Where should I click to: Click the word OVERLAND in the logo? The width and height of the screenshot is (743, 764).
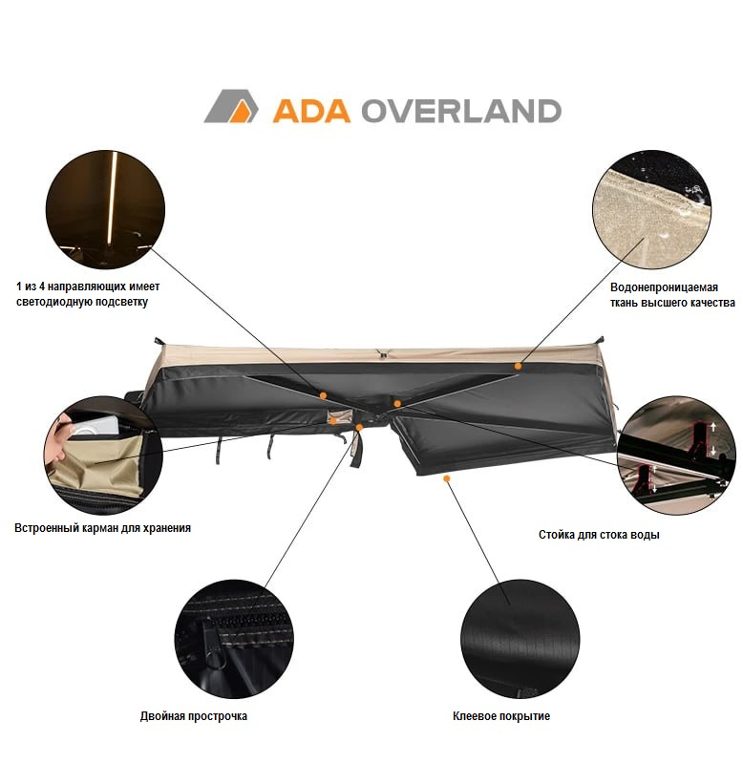(x=460, y=109)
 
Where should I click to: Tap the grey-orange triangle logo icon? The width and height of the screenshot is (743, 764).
(x=230, y=107)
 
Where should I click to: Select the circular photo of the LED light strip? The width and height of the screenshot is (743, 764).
(x=105, y=204)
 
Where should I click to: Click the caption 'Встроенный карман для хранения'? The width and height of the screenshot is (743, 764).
(x=102, y=527)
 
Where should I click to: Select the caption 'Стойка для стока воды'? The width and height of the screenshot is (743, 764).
(x=599, y=535)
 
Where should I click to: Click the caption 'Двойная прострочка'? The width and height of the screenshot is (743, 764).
(x=194, y=716)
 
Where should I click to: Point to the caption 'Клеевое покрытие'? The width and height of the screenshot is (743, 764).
(x=501, y=716)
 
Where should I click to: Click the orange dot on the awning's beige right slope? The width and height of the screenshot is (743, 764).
(x=518, y=365)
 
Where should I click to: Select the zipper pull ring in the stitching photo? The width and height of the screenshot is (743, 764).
(x=215, y=658)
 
